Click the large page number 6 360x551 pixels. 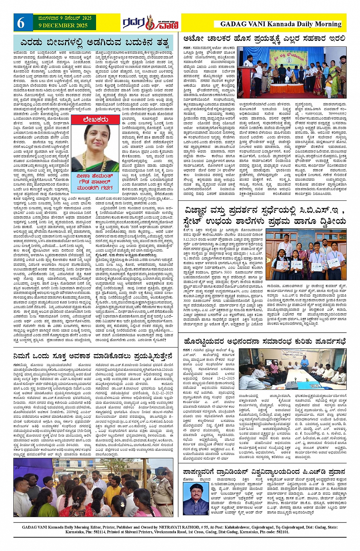click(x=21, y=23)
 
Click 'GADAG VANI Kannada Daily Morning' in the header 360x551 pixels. click(x=280, y=24)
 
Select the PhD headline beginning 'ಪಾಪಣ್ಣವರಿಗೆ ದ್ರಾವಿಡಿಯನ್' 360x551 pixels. click(x=264, y=472)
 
